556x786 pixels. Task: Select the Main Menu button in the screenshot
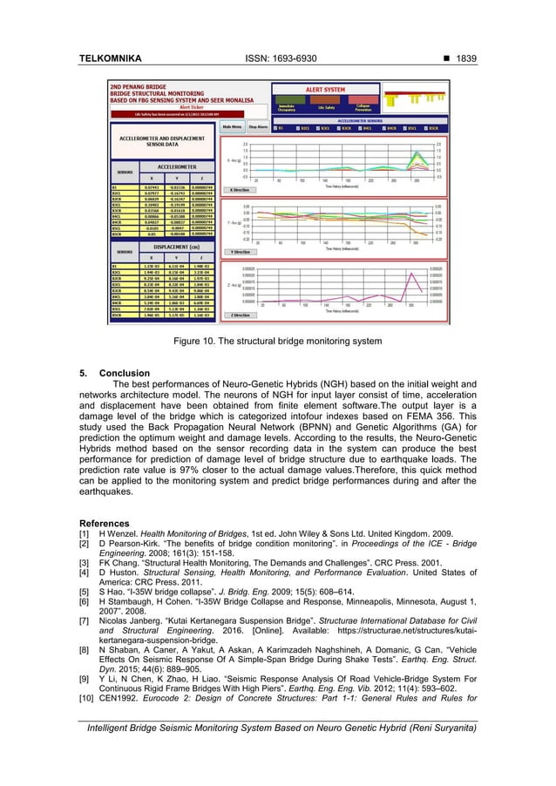(x=232, y=125)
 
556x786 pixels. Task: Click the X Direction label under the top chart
(x=239, y=188)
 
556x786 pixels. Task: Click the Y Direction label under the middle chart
(x=239, y=252)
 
